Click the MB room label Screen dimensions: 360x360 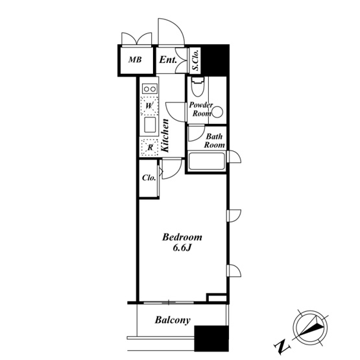(135, 60)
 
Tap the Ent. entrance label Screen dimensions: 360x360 (168, 60)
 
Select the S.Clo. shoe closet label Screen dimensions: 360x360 (196, 60)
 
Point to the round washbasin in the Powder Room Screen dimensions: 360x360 (217, 112)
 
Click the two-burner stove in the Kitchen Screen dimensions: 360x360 (150, 89)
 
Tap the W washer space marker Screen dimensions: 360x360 (149, 106)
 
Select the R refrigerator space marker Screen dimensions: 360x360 (150, 147)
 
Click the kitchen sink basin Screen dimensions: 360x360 (150, 125)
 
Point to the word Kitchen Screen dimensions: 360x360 (165, 136)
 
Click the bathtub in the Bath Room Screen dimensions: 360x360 (206, 161)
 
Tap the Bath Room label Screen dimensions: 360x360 (215, 141)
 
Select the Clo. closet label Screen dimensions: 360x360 (149, 178)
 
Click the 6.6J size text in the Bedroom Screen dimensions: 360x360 (182, 248)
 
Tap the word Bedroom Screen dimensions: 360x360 (182, 237)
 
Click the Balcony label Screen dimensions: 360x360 (173, 320)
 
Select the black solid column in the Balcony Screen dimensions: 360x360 (211, 339)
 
